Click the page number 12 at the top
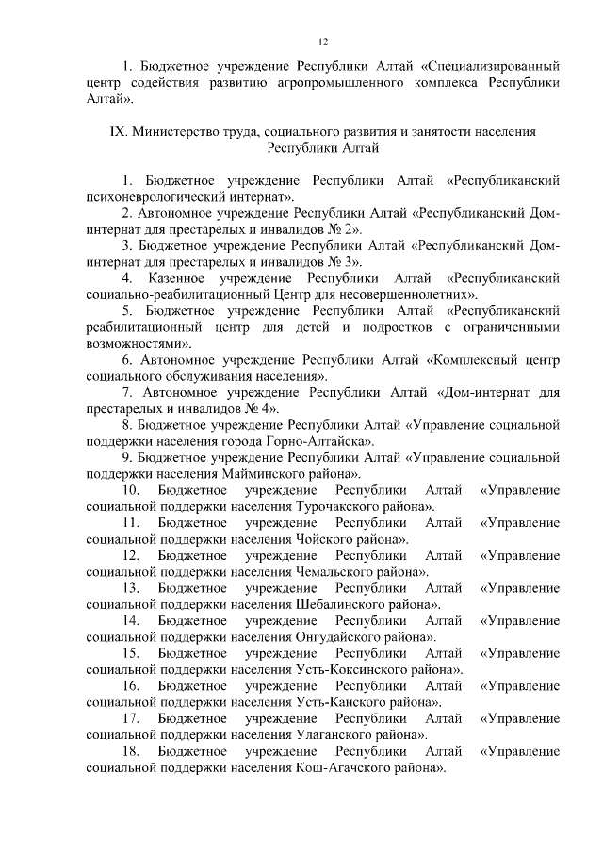(323, 42)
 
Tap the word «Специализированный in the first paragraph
(491, 68)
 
